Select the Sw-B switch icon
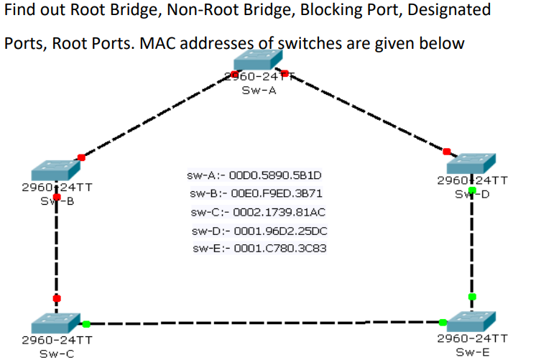click(55, 170)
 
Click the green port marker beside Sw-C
click(86, 324)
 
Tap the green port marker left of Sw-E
click(443, 322)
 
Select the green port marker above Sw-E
click(472, 296)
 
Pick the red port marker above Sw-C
click(57, 298)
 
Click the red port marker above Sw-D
click(447, 151)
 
